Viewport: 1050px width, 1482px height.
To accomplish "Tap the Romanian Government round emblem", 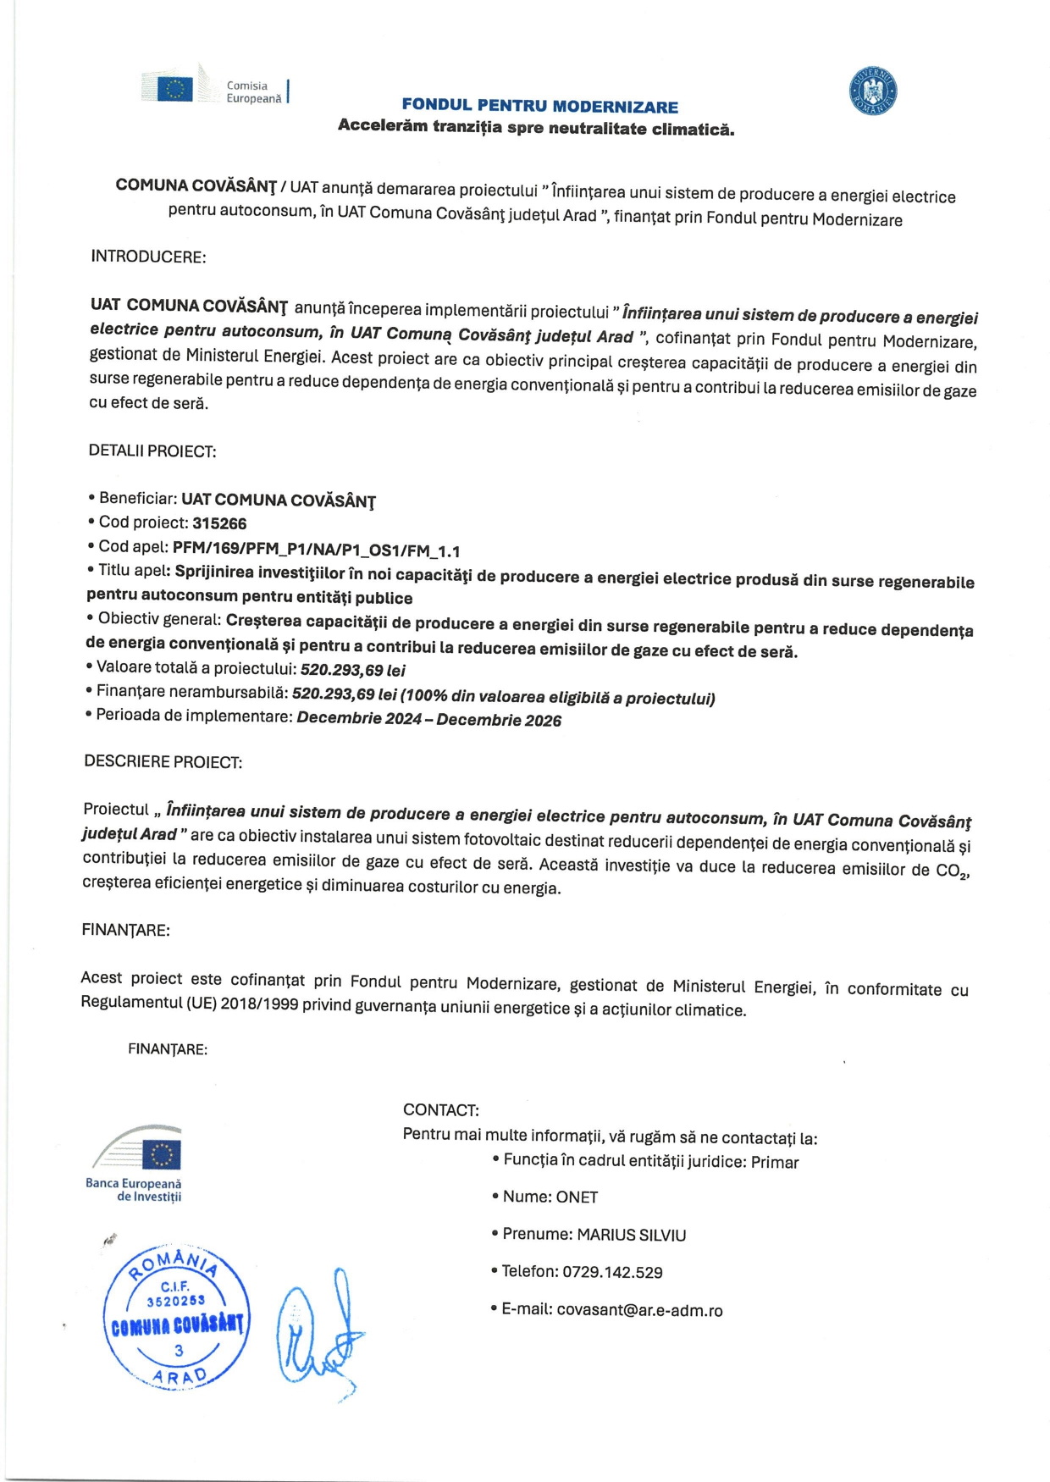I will (873, 91).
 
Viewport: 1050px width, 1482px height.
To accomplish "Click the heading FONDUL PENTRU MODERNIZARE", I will (539, 106).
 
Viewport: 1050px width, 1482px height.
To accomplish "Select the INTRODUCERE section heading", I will (148, 257).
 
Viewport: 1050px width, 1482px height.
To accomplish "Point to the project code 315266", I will (219, 523).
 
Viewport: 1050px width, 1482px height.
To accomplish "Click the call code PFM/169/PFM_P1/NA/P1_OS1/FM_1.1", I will (317, 550).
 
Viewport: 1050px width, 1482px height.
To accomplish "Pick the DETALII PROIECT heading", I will (152, 451).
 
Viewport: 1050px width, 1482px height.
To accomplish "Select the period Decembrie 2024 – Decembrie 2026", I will (429, 720).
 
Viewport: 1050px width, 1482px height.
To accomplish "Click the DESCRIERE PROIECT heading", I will (163, 762).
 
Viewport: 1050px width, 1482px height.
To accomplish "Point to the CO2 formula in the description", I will (952, 871).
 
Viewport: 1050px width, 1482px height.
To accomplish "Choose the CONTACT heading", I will (441, 1110).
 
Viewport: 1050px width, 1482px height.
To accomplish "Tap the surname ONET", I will (577, 1197).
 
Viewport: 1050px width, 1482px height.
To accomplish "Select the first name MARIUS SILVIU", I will (632, 1236).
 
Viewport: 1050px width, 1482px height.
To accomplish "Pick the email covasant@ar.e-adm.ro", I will (639, 1311).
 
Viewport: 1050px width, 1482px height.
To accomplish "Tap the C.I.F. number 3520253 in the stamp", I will (175, 1301).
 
